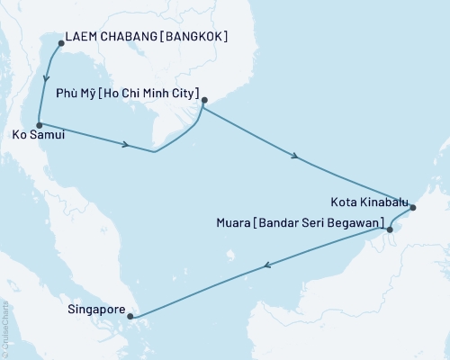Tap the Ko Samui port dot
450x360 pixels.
coord(39,126)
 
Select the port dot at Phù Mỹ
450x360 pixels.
coord(205,101)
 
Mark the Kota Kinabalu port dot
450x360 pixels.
coord(412,209)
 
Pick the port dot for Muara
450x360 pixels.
coord(390,229)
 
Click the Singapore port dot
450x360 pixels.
coord(130,316)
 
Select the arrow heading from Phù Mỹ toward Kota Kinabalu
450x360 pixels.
coord(296,157)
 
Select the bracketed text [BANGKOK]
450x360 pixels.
coord(196,38)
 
